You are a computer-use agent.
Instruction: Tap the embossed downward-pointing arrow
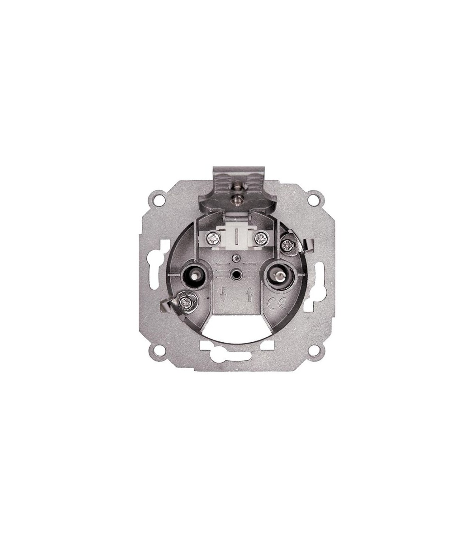(223, 294)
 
